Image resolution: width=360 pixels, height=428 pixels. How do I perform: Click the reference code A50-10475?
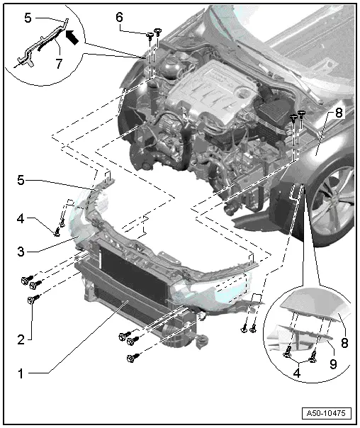[x=326, y=412]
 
